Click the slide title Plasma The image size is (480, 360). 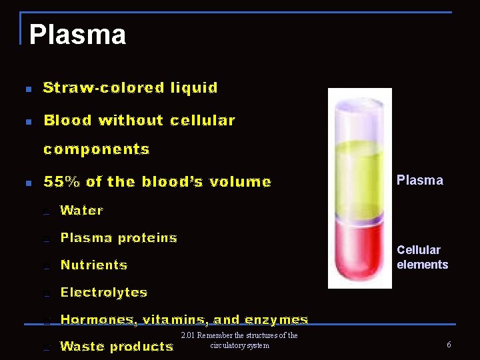(77, 35)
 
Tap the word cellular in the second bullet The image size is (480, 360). (203, 121)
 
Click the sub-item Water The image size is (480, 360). (82, 211)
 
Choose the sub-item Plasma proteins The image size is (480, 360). (119, 238)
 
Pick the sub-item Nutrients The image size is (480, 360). (94, 265)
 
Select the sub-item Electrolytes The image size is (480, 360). (104, 293)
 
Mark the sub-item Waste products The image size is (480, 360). (117, 347)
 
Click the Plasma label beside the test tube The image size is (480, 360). (419, 180)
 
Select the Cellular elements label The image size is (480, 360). (422, 257)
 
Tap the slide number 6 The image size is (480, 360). (449, 345)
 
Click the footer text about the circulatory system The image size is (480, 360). (239, 340)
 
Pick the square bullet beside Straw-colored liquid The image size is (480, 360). (27, 89)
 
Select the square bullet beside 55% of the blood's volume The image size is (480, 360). (27, 183)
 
